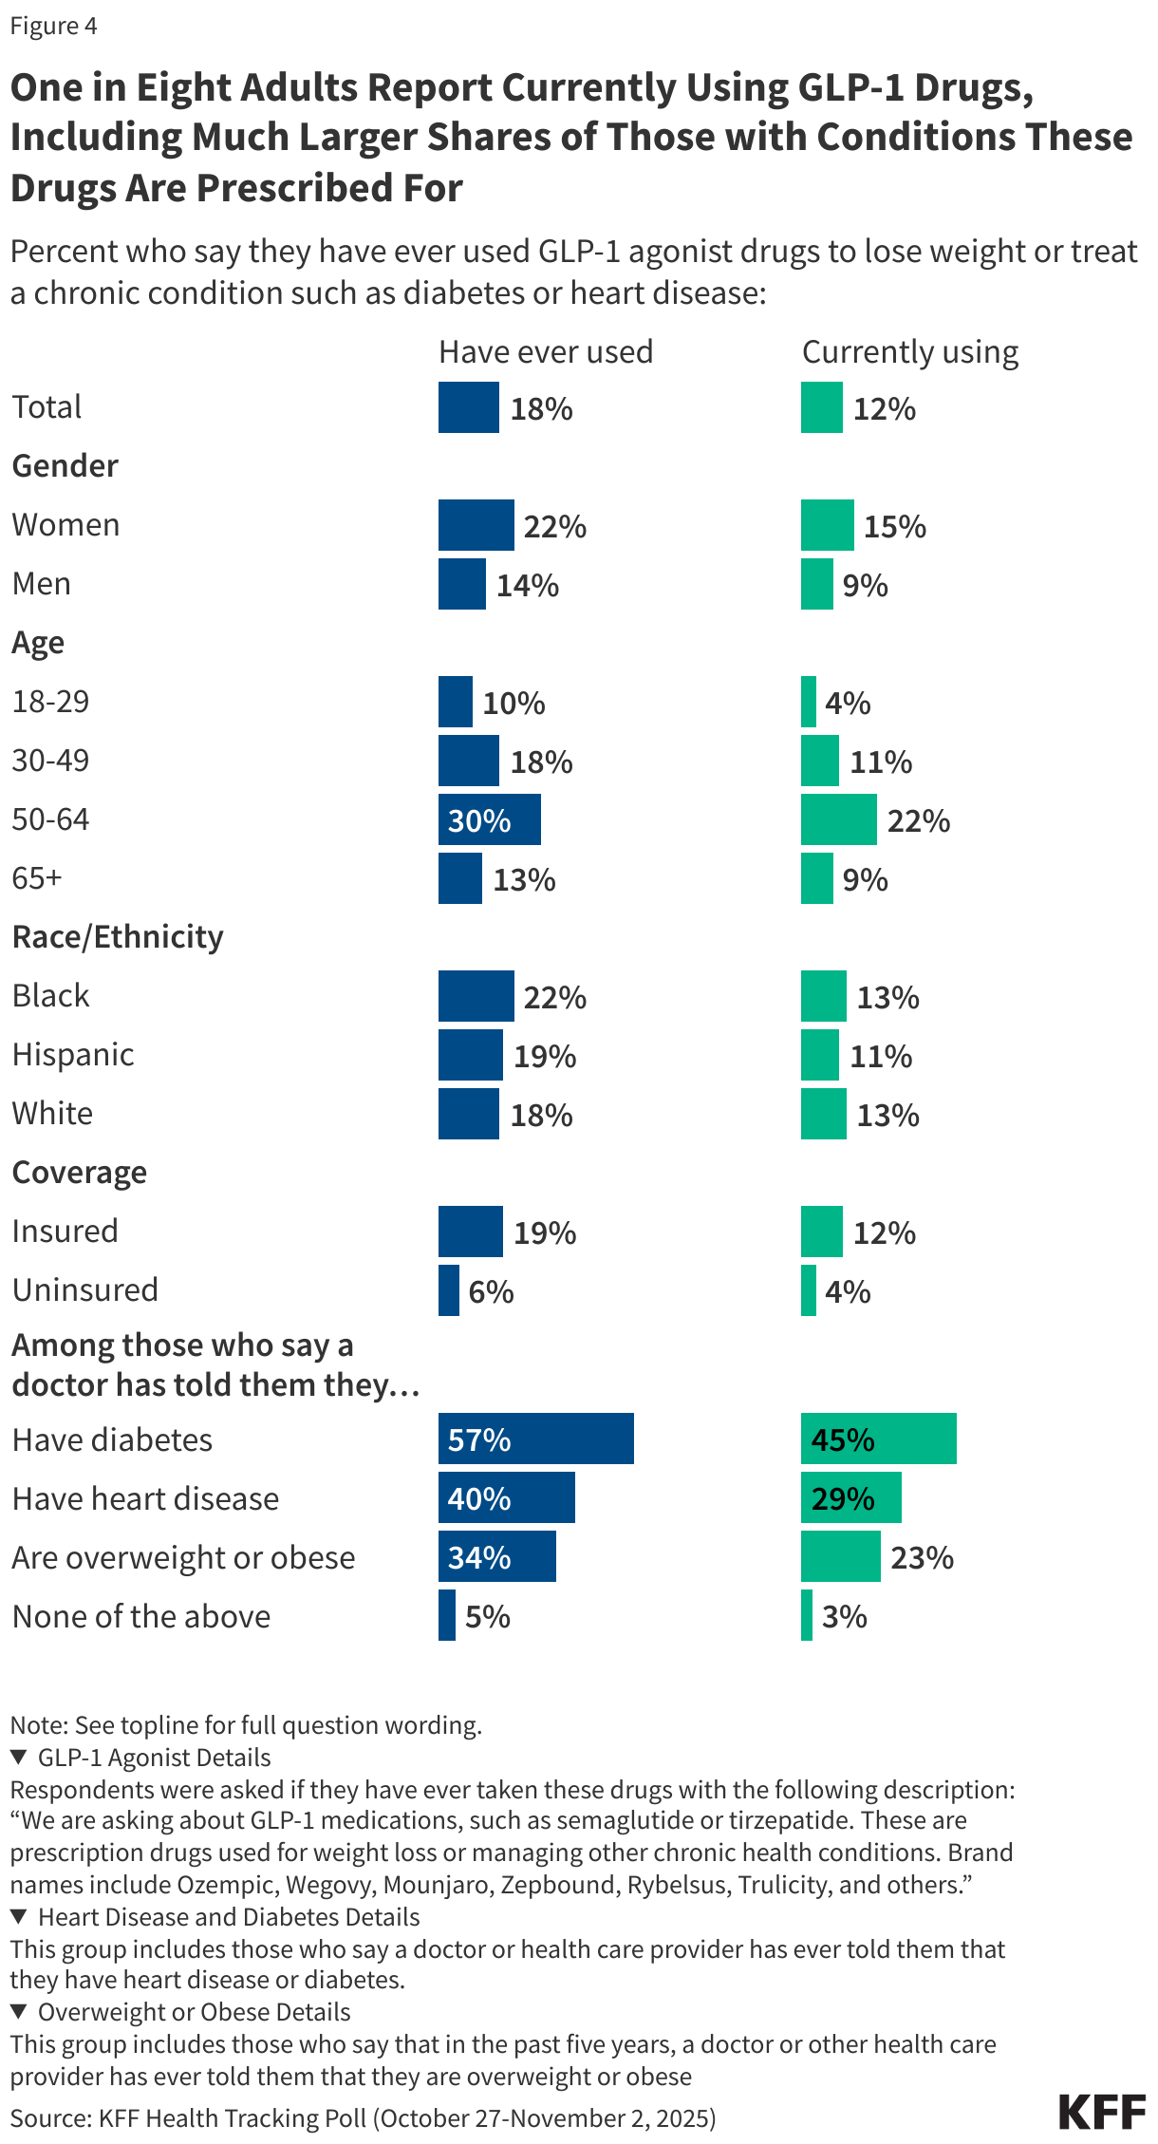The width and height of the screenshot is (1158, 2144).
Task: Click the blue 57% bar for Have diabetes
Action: coord(535,1439)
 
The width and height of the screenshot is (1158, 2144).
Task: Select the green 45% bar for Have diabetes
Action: coord(878,1439)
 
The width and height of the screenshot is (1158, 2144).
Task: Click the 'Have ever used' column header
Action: coord(546,352)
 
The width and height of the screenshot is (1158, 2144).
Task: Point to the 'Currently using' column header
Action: coord(909,352)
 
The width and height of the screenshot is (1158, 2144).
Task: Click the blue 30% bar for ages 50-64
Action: coord(489,820)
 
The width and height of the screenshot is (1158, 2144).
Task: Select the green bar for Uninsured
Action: coord(809,1290)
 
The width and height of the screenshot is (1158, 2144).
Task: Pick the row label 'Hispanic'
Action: coord(73,1055)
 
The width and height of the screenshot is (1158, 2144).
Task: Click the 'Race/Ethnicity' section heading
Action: coord(118,937)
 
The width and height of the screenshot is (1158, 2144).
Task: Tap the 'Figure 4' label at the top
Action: coord(53,26)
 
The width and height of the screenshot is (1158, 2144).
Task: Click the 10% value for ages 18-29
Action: coord(514,704)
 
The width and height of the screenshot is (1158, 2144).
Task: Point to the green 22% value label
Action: coord(918,821)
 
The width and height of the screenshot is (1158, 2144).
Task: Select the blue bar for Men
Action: coord(462,584)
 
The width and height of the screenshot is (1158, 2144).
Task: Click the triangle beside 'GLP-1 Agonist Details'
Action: coord(18,1758)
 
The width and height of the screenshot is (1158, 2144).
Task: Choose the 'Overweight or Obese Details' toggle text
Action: coord(194,2012)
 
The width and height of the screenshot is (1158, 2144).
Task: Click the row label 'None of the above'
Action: coord(141,1617)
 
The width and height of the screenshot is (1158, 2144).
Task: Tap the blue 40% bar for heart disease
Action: coord(506,1497)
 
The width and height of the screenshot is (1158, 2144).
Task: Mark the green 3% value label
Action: coord(844,1617)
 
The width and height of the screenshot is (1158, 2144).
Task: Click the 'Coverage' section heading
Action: coord(80,1173)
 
